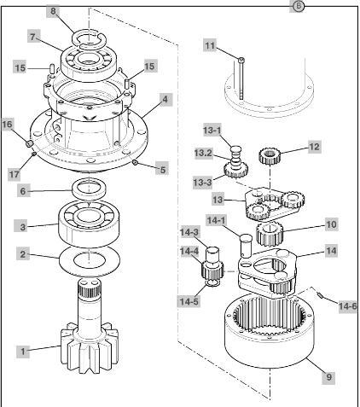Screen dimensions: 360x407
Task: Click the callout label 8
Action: coord(53,12)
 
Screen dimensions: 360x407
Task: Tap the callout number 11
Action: coord(210,45)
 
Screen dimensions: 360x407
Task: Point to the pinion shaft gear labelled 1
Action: coord(90,327)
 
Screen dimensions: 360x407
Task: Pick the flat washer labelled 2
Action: coord(90,261)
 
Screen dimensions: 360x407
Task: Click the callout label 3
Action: coord(23,227)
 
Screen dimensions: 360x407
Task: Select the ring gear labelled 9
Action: coord(270,330)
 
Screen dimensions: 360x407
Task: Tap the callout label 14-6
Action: coord(348,306)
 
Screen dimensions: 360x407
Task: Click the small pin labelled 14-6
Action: coord(321,295)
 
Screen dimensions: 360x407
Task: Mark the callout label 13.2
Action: coord(203,153)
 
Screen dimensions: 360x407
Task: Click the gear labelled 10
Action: coord(270,234)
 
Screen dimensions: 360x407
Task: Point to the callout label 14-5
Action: coord(189,301)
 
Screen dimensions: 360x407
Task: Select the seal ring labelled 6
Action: coord(90,189)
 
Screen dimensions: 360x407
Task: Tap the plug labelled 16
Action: coord(29,143)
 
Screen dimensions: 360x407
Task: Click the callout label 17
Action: coord(15,174)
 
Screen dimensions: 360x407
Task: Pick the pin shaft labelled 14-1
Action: coord(247,245)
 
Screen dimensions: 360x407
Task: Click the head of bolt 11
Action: coord(241,60)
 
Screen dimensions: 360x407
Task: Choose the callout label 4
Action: coord(165,100)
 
